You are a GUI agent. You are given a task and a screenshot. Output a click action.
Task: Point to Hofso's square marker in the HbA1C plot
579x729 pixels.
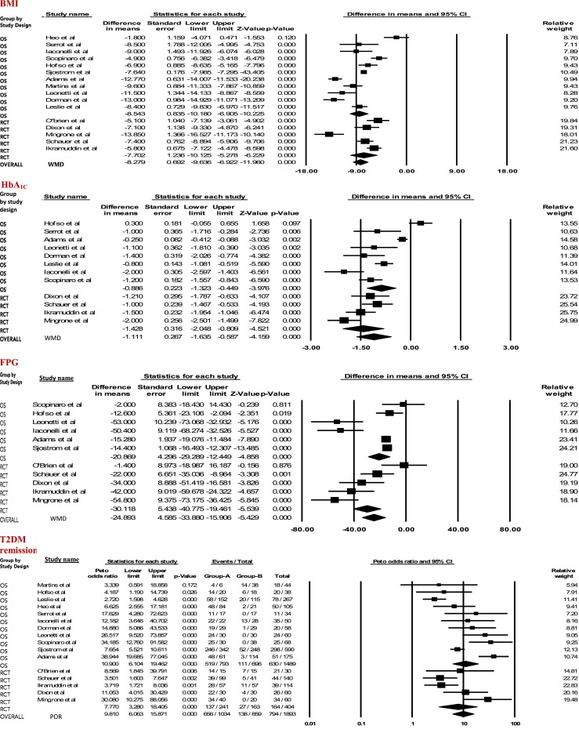[x=420, y=223]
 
